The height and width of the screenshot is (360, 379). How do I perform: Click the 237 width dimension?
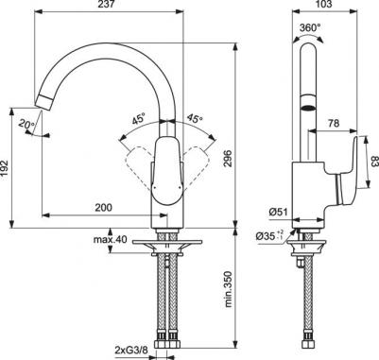pos(106,5)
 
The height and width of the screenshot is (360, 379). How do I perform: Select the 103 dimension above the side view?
pos(324,5)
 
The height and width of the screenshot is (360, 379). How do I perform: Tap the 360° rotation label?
pos(310,27)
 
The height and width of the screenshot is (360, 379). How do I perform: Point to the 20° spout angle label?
pos(26,124)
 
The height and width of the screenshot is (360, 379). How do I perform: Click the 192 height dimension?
pos(5,168)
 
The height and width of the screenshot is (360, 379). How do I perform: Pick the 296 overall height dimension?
pos(228,160)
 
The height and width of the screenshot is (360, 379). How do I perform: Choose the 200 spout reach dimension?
pos(103,207)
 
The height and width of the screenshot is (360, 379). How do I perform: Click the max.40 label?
pos(110,240)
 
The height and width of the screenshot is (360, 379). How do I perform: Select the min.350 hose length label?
pos(228,289)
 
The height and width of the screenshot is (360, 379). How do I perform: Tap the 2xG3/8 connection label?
pos(129,351)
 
